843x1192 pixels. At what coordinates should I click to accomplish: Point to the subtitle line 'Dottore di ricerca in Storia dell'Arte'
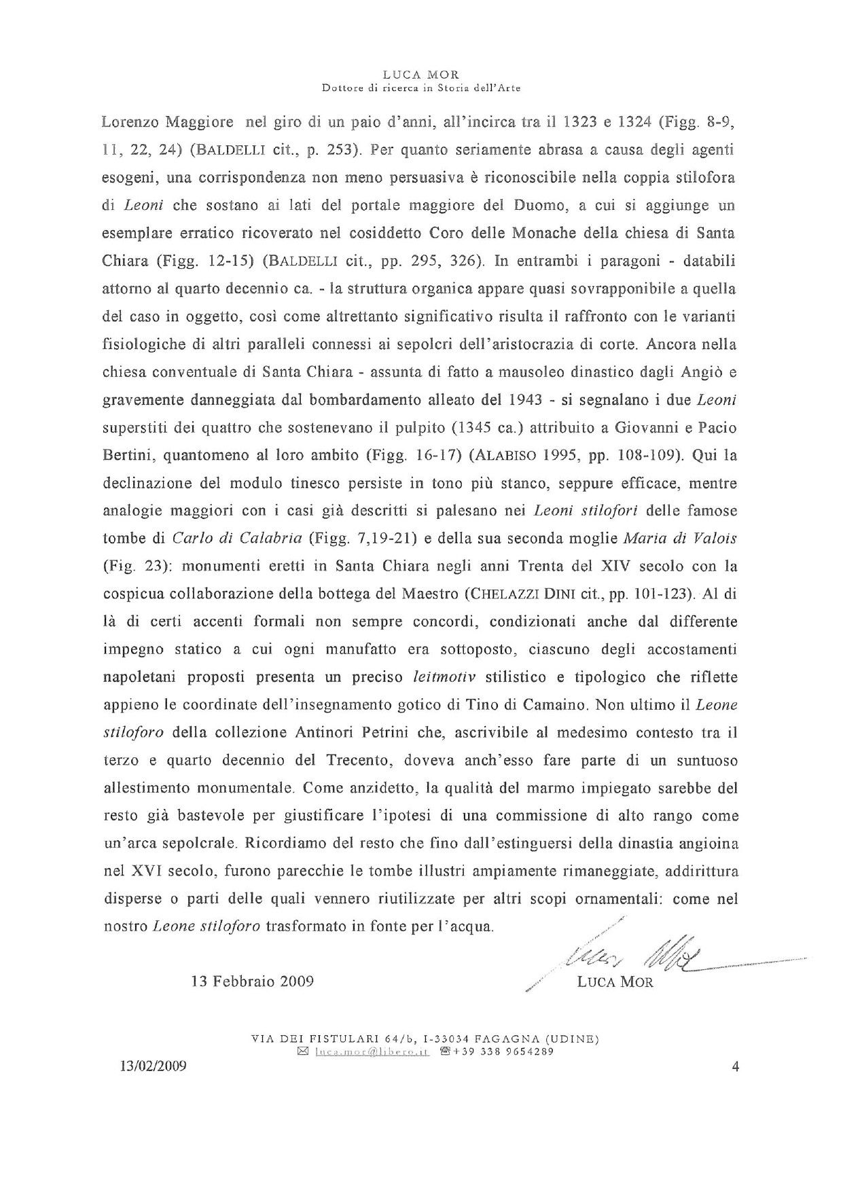click(x=421, y=88)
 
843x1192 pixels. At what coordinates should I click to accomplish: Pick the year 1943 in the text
click(x=525, y=399)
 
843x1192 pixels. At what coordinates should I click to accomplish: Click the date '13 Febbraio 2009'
click(x=252, y=982)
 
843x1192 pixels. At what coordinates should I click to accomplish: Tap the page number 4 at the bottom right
click(x=735, y=1066)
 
